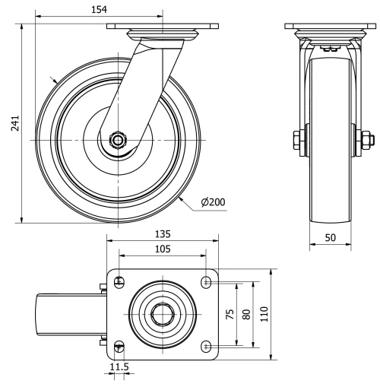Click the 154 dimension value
pos(98,8)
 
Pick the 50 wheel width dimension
pos(331,237)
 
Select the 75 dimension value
pos(230,314)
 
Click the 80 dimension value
pos(245,314)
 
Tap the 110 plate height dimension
pos(263,314)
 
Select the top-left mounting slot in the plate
pos(118,282)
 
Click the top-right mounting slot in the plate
pos(206,282)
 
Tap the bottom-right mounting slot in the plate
pos(206,346)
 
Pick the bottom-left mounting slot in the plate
pos(118,346)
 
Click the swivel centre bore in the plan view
pos(162,314)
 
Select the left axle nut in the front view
pos(296,141)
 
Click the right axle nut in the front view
pos(365,141)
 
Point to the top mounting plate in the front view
pos(331,27)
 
